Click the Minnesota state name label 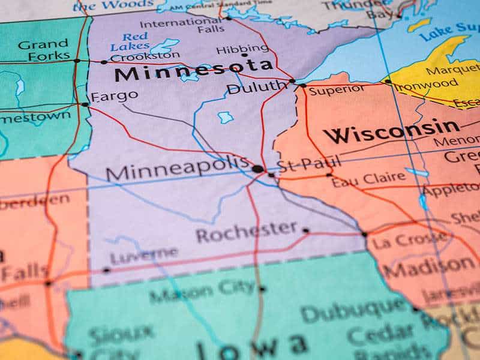point(186,71)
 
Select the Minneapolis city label point(177,170)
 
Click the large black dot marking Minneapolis point(257,169)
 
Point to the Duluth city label point(257,88)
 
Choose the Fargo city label point(114,96)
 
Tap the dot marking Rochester point(305,230)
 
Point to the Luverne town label point(144,256)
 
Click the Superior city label point(337,90)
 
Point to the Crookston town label point(137,58)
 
